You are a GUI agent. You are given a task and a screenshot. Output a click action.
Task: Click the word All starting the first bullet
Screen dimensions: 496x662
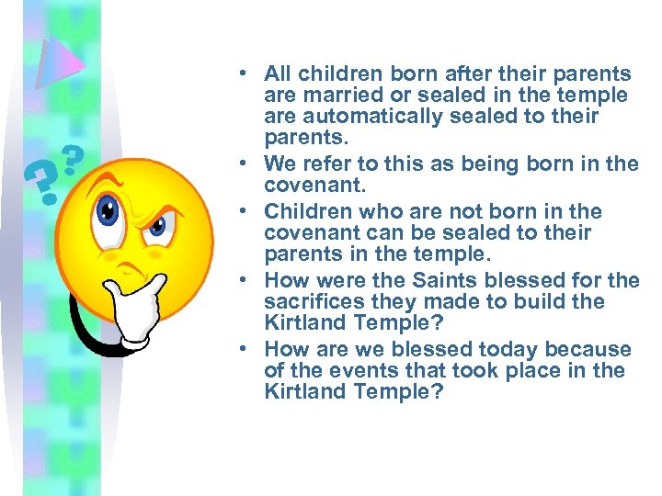pyautogui.click(x=278, y=74)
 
